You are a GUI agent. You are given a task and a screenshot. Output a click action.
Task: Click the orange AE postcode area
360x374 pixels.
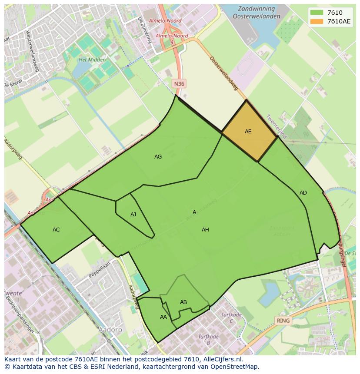(249, 131)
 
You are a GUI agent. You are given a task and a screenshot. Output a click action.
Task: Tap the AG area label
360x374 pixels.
(158, 157)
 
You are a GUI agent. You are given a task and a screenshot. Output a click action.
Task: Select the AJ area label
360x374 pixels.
(133, 215)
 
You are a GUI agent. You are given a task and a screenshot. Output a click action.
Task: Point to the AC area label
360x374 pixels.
(56, 230)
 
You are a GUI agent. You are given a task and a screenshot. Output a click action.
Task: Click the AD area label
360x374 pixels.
(303, 193)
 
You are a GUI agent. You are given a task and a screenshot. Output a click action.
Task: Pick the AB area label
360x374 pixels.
(183, 302)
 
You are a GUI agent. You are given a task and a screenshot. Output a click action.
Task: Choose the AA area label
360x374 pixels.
(163, 317)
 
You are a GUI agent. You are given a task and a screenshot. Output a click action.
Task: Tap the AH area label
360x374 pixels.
(205, 230)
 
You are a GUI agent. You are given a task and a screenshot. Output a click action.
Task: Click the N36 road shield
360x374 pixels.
(179, 83)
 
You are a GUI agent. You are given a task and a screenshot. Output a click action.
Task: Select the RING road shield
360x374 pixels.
(283, 321)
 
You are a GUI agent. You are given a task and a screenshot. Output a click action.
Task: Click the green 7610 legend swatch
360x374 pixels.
(317, 12)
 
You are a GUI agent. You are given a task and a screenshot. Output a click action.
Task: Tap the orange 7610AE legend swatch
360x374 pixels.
(317, 21)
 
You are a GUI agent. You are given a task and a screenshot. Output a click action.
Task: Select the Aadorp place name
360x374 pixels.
(110, 330)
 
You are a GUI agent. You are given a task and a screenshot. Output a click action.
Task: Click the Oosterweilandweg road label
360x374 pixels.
(223, 73)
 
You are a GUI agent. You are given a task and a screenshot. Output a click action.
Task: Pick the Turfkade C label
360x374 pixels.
(231, 318)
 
